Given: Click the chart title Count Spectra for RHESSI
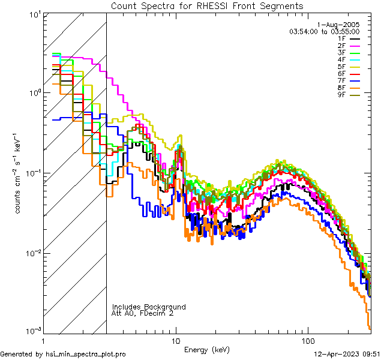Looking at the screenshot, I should (x=207, y=6).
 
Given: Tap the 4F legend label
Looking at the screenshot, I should (x=341, y=59).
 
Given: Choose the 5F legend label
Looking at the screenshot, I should (x=341, y=67).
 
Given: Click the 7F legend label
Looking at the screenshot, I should (x=341, y=80).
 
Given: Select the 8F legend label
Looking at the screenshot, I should (x=341, y=88).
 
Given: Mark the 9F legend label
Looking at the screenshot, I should (x=341, y=95).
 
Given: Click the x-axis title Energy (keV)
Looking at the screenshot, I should (x=206, y=350).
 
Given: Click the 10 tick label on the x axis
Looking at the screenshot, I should (x=176, y=341).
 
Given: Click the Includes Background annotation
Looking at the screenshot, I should (x=149, y=307).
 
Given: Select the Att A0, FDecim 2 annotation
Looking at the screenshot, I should (x=143, y=313).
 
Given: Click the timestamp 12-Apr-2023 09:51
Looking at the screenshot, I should (x=346, y=354).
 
